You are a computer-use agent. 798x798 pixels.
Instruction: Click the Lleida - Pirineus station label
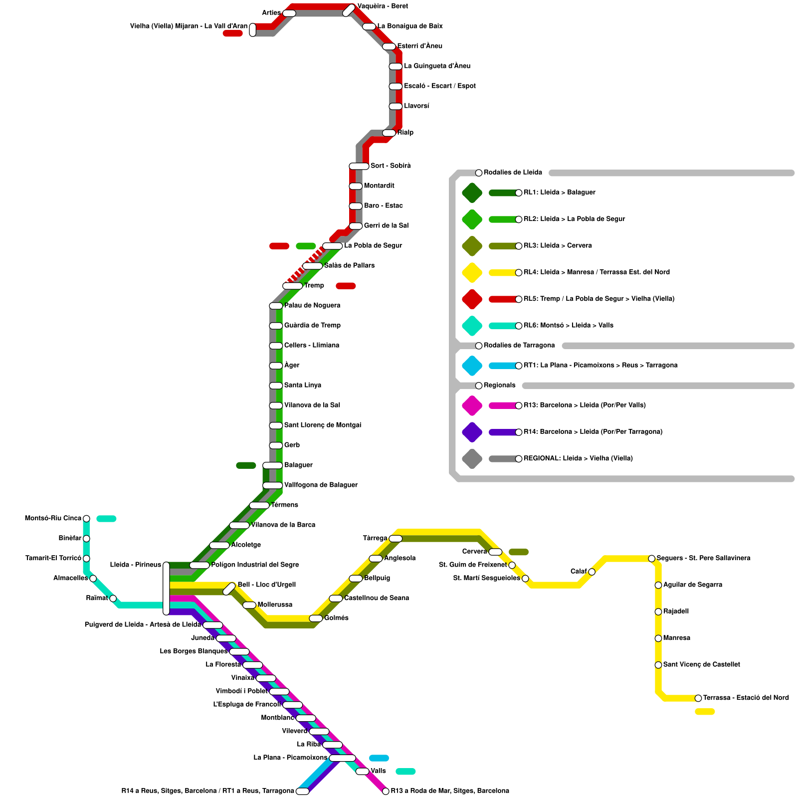point(135,565)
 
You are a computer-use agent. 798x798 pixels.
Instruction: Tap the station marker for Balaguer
point(272,465)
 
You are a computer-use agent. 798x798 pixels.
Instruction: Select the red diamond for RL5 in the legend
point(472,299)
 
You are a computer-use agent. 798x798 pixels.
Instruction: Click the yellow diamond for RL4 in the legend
point(472,272)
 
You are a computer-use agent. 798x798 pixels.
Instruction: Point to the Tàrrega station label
point(375,538)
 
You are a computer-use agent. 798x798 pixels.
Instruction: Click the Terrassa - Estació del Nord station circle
point(698,698)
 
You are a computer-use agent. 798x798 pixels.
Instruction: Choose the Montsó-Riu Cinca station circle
point(86,519)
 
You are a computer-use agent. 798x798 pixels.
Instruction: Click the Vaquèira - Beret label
point(383,6)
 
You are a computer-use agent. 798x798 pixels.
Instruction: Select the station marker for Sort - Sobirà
point(359,166)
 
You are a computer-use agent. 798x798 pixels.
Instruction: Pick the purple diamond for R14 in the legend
point(472,432)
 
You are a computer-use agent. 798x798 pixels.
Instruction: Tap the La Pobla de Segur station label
point(373,246)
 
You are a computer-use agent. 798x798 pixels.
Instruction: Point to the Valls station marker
point(362,772)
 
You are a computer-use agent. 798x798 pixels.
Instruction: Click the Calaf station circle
point(592,572)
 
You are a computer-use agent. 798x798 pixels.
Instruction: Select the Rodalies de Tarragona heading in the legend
point(519,346)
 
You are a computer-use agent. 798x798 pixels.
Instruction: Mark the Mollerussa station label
point(275,605)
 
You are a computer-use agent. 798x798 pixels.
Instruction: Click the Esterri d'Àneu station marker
point(389,47)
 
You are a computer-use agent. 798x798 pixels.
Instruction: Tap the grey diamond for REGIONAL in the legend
point(472,459)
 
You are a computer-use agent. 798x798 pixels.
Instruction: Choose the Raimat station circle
point(113,598)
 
